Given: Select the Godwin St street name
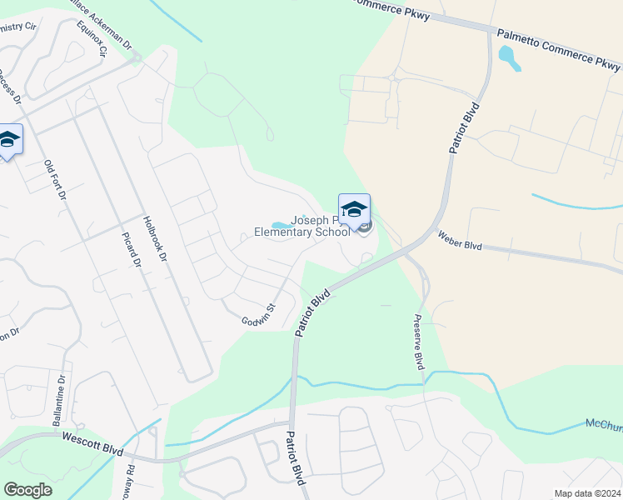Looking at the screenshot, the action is (258, 315).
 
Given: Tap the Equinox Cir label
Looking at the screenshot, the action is (92, 38).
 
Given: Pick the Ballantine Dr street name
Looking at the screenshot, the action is (60, 401).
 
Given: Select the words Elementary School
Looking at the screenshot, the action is (302, 232).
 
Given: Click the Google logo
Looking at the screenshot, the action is (27, 490).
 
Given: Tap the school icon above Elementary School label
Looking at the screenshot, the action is (354, 208).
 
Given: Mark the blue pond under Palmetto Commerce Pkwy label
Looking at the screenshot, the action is (506, 57).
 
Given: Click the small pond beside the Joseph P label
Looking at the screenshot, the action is (282, 224).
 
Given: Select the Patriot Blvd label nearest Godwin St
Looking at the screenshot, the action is (313, 313).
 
